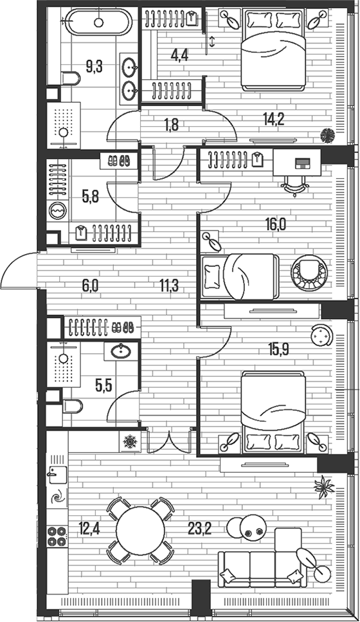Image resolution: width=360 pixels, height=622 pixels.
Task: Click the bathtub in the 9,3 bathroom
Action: [x=98, y=23]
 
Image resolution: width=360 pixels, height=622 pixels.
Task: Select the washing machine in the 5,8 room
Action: [x=59, y=210]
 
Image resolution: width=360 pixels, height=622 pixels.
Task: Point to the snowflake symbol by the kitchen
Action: [x=131, y=442]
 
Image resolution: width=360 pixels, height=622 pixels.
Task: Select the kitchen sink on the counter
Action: [x=55, y=477]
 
